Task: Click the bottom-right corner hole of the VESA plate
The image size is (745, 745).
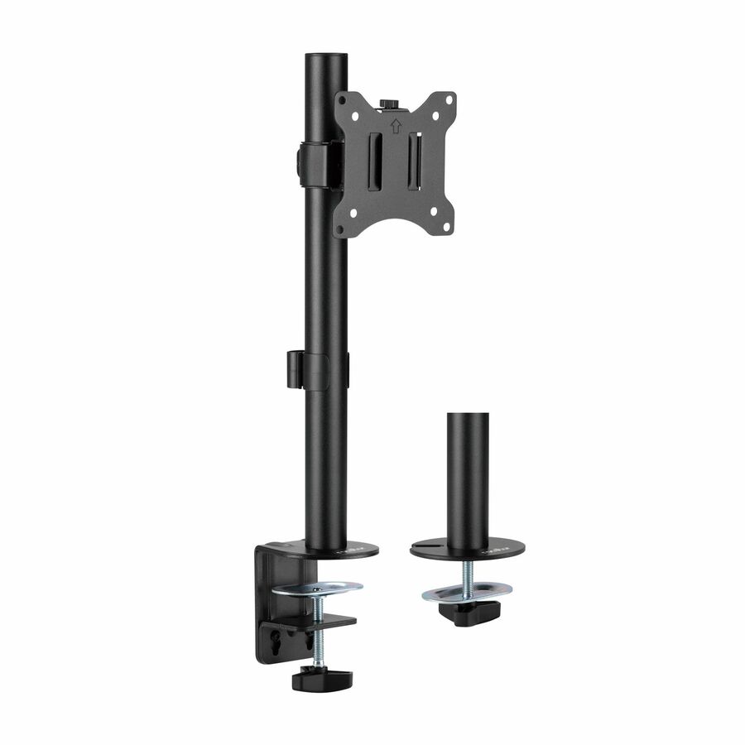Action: pyautogui.click(x=445, y=223)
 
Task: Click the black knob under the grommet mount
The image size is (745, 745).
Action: pyautogui.click(x=469, y=613)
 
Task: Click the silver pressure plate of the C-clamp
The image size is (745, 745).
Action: pyautogui.click(x=318, y=589)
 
